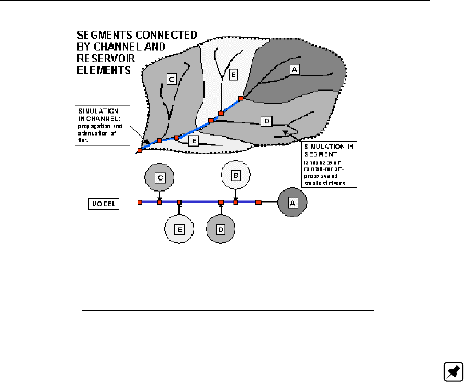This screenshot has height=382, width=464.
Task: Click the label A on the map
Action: click(295, 69)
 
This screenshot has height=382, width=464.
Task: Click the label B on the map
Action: click(234, 75)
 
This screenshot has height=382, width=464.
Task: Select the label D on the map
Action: click(266, 121)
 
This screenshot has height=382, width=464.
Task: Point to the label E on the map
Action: click(194, 140)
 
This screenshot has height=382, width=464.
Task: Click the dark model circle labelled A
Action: click(292, 203)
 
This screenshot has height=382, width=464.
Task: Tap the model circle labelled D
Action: click(220, 229)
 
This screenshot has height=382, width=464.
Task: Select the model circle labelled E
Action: click(179, 229)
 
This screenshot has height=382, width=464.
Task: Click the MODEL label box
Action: click(104, 203)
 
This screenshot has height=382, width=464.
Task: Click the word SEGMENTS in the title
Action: click(105, 36)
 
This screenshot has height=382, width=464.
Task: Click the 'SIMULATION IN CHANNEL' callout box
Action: click(103, 126)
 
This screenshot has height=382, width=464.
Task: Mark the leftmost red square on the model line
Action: click(140, 202)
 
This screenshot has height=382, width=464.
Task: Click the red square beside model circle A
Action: click(258, 202)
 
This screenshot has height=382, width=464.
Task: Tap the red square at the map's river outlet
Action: click(140, 151)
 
